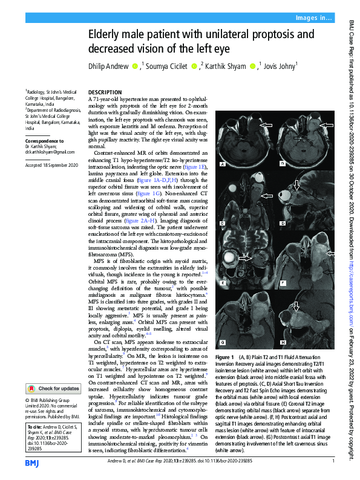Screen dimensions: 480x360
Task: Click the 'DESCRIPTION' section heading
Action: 105,92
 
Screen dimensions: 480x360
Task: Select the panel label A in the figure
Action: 223,164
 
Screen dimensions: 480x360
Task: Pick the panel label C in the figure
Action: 223,224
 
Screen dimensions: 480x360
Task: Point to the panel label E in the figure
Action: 223,283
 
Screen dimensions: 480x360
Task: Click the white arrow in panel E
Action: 246,258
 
